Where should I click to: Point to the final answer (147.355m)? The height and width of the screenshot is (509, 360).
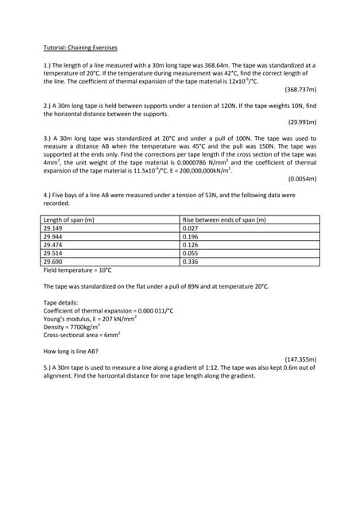tap(300, 359)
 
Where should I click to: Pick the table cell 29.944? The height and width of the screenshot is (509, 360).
tap(54, 236)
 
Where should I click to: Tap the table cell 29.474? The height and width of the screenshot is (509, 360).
tap(54, 245)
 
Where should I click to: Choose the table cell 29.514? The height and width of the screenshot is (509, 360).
tap(54, 253)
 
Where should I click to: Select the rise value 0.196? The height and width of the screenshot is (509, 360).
tap(191, 236)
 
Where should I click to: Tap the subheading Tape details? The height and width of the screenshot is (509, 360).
tap(60, 302)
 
